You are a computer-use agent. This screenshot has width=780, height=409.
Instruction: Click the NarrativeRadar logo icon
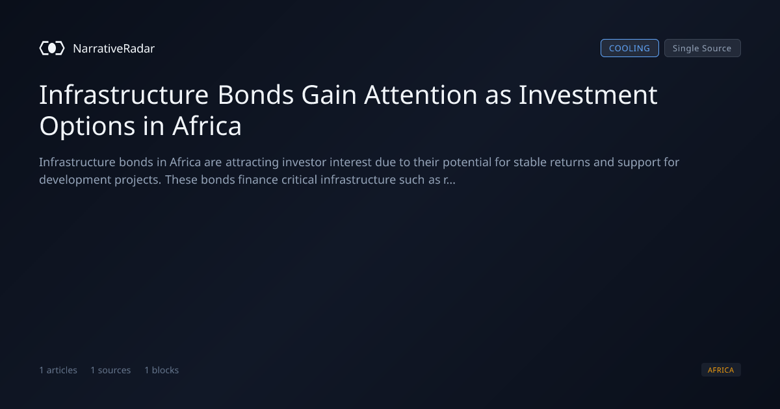click(x=52, y=48)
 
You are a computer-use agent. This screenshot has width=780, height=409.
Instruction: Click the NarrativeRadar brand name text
click(x=114, y=49)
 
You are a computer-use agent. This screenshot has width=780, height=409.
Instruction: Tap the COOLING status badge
click(x=630, y=48)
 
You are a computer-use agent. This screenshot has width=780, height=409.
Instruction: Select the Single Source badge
click(x=703, y=48)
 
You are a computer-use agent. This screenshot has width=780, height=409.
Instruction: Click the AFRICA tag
click(x=721, y=369)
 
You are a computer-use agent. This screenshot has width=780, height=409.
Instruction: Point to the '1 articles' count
click(x=58, y=370)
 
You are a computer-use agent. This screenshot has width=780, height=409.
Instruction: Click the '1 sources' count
click(x=110, y=370)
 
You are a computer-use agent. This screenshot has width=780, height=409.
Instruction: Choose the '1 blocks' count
click(x=162, y=370)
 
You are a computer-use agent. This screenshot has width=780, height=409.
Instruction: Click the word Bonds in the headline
click(x=255, y=95)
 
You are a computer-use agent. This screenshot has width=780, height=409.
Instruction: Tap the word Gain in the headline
click(x=329, y=95)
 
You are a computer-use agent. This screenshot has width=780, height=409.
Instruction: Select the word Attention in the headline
click(x=421, y=95)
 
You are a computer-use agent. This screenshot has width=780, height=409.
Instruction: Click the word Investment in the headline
click(x=588, y=95)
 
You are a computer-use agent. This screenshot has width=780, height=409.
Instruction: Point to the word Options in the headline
click(x=87, y=126)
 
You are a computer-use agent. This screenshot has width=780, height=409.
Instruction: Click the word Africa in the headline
click(x=207, y=125)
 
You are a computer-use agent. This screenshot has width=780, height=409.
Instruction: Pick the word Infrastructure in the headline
click(x=124, y=95)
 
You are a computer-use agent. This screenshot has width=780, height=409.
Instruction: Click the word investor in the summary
click(x=304, y=162)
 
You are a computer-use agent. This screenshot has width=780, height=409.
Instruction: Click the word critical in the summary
click(x=300, y=180)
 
